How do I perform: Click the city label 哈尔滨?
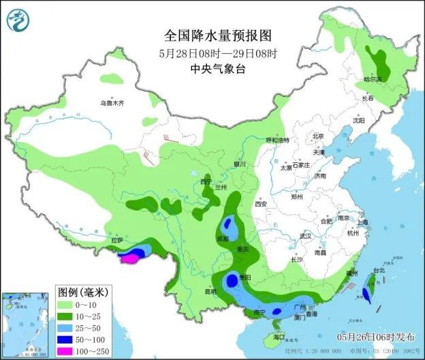point(373,80)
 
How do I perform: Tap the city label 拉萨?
point(119,241)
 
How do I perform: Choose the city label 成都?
point(223,239)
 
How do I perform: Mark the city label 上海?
point(362,222)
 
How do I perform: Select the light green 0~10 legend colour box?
point(66,305)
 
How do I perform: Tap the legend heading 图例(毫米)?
point(79,292)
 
